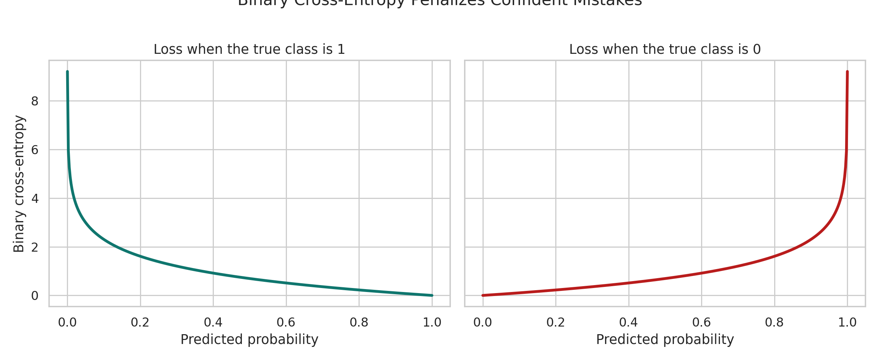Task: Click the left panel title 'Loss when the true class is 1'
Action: click(249, 49)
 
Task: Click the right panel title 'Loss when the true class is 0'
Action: click(665, 49)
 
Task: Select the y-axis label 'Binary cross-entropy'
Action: click(19, 184)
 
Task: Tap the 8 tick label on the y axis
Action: click(35, 101)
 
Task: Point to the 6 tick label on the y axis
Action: click(35, 150)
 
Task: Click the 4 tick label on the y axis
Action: click(35, 199)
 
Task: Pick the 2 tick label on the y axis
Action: click(35, 248)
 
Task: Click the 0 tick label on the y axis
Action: click(35, 296)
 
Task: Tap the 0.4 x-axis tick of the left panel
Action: click(213, 322)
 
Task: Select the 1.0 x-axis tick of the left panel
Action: click(432, 322)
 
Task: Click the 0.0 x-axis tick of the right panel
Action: click(483, 322)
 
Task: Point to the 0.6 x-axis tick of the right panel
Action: click(701, 322)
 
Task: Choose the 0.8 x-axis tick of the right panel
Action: click(774, 322)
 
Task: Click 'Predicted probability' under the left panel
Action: click(249, 340)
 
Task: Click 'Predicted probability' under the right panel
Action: click(665, 340)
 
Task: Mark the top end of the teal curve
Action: click(67, 72)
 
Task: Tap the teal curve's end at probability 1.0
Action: click(432, 295)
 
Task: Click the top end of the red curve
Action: click(847, 72)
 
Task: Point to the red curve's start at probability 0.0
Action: click(483, 295)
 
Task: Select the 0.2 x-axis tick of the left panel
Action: click(140, 322)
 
